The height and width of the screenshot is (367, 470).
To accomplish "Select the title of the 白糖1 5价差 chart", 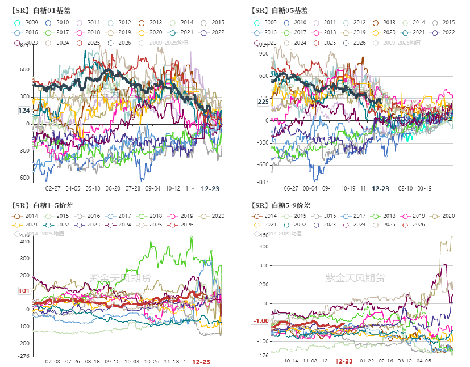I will click(x=41, y=205).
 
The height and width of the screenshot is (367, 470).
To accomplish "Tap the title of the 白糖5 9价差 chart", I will click(x=279, y=205).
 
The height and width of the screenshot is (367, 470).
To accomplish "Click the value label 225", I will click(x=263, y=102).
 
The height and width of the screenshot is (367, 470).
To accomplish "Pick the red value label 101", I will click(x=24, y=291).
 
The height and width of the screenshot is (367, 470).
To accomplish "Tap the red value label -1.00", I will click(x=261, y=321).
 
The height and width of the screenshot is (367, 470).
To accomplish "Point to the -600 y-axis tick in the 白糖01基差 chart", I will click(x=22, y=178).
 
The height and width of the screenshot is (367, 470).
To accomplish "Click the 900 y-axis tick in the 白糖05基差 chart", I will click(x=263, y=53).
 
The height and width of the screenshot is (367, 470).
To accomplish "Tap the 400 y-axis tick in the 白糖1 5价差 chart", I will click(x=23, y=242).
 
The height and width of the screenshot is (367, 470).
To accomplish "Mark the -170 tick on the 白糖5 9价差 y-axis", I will click(x=262, y=356).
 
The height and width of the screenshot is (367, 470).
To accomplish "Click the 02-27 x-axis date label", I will click(x=53, y=188).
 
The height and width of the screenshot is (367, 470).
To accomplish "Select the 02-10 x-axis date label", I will click(x=405, y=188).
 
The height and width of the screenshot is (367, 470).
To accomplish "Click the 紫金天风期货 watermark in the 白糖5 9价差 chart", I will click(x=355, y=277).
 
